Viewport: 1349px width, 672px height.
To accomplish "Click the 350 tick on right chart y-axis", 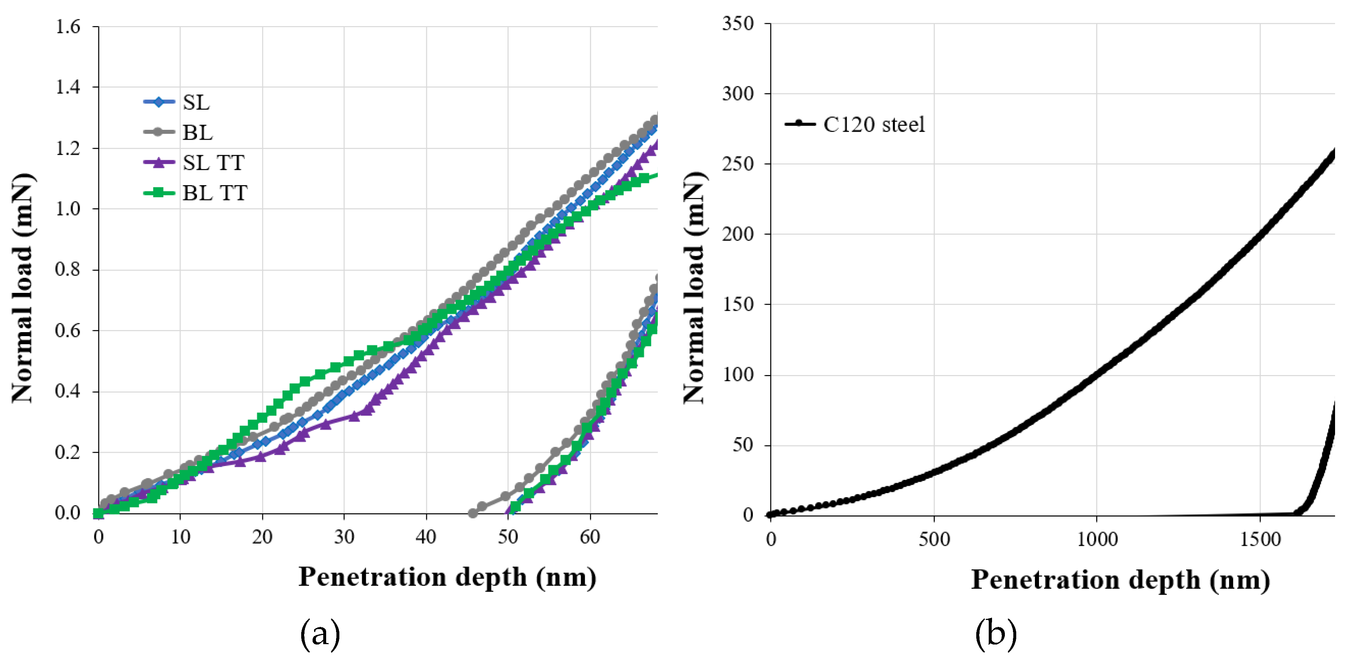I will pyautogui.click(x=738, y=23).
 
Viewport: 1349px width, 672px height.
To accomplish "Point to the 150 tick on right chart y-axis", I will pyautogui.click(x=738, y=305).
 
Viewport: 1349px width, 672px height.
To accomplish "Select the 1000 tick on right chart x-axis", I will pyautogui.click(x=1097, y=539).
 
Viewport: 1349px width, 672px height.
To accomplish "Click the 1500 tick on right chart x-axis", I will pyautogui.click(x=1260, y=539).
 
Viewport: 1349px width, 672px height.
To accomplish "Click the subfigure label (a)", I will pyautogui.click(x=320, y=634).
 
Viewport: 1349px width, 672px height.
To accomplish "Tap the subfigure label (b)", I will pyautogui.click(x=995, y=634).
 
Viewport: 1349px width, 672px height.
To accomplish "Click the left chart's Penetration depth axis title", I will pyautogui.click(x=447, y=577).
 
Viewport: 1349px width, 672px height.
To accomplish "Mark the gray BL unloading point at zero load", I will pyautogui.click(x=473, y=513).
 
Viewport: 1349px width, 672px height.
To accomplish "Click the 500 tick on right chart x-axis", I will pyautogui.click(x=934, y=539).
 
